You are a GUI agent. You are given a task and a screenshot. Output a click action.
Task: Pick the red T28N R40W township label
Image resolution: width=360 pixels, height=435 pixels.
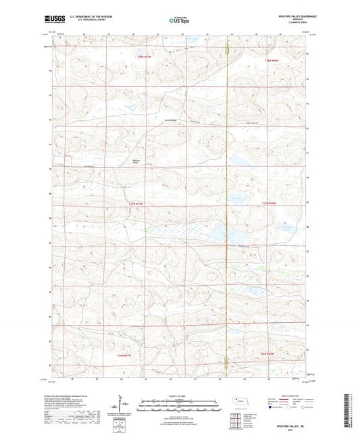(x=271, y=61)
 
